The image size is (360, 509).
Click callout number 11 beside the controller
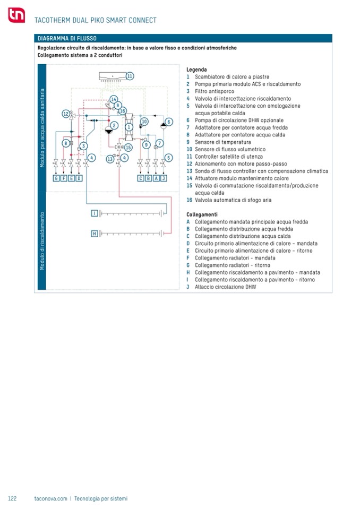pyautogui.click(x=130, y=76)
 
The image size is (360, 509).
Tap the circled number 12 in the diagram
pyautogui.click(x=65, y=114)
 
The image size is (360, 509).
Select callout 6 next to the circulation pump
pyautogui.click(x=169, y=122)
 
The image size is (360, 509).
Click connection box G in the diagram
pyautogui.click(x=56, y=178)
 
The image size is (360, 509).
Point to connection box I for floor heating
pyautogui.click(x=95, y=213)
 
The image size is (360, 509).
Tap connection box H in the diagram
pyautogui.click(x=95, y=234)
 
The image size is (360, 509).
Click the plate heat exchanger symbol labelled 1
pyautogui.click(x=128, y=127)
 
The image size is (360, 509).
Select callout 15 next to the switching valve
pyautogui.click(x=128, y=148)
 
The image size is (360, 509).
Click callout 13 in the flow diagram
pyautogui.click(x=110, y=159)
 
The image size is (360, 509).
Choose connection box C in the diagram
pyautogui.click(x=141, y=178)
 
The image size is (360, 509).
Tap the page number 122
pyautogui.click(x=13, y=498)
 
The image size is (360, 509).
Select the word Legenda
pyautogui.click(x=196, y=70)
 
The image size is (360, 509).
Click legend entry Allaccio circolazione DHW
pyautogui.click(x=225, y=287)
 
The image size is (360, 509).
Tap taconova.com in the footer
pyautogui.click(x=50, y=498)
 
